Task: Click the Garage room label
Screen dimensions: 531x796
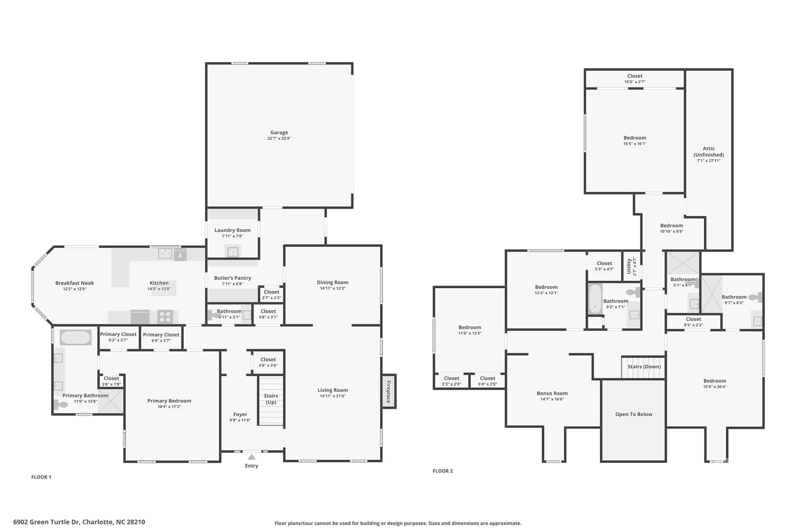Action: coord(279,133)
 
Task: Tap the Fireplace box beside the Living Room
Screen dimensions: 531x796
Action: coord(389,391)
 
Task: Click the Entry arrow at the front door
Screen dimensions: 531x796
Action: coord(251,457)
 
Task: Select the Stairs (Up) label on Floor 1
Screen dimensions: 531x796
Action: coord(271,399)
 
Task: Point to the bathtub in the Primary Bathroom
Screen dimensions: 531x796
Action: coord(76,337)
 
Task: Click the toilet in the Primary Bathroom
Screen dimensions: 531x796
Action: coord(61,405)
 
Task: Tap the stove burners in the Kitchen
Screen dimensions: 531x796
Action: coord(165,317)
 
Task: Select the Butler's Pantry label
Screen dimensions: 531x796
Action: coord(232,278)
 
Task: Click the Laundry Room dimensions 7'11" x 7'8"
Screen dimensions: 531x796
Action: coord(232,236)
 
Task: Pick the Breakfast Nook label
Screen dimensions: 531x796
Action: coord(75,283)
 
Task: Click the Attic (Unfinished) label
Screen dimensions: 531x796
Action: coord(709,151)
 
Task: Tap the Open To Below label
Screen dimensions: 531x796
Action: coord(634,414)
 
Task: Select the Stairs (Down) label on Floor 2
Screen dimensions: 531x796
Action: coord(644,366)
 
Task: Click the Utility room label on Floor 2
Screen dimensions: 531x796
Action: coord(629,266)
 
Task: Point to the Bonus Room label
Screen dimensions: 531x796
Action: coord(552,393)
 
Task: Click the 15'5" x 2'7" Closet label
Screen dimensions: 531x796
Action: coord(635,79)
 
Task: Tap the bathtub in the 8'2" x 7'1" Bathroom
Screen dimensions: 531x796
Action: coord(595,299)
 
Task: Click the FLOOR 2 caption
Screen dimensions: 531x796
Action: coord(443,471)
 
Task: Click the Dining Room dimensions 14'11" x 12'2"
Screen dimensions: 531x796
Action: coord(332,288)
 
